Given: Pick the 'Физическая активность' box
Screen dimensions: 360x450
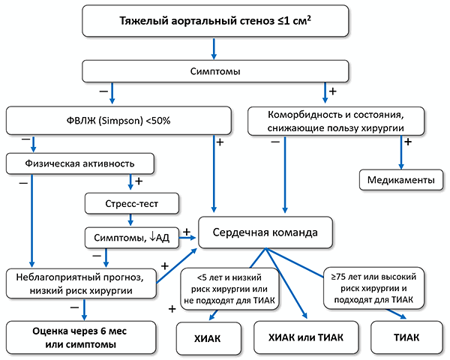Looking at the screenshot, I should click(x=80, y=162).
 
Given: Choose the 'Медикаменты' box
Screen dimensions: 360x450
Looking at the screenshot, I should click(x=402, y=181).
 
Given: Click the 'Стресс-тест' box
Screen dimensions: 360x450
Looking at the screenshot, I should click(x=132, y=202).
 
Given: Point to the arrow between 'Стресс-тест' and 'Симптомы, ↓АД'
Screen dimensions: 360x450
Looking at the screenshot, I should click(x=132, y=220).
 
